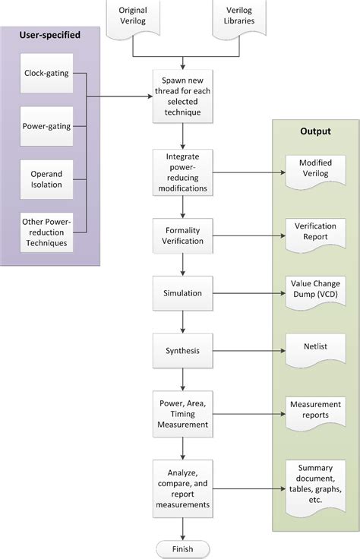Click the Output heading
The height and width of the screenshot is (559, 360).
click(x=314, y=131)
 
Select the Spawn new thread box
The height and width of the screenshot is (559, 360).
click(x=183, y=97)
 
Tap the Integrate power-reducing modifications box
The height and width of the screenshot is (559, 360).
click(x=183, y=172)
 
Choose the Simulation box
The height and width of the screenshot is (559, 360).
click(x=183, y=292)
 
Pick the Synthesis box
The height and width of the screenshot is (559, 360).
click(x=183, y=350)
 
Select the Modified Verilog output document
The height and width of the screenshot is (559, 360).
click(x=314, y=168)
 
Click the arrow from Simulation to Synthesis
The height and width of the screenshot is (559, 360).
click(x=183, y=321)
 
